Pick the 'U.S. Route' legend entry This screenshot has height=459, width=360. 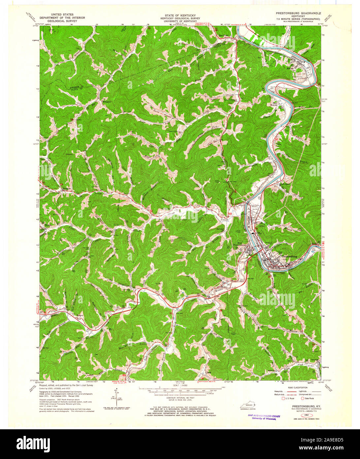(x=292, y=399)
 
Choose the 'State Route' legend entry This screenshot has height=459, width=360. (x=308, y=399)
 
